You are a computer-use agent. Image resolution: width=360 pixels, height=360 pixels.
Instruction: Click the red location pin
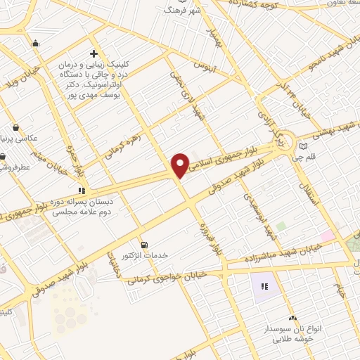pyautogui.click(x=180, y=165)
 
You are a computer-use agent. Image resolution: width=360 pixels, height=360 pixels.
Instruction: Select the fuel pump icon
pyautogui.click(x=145, y=244)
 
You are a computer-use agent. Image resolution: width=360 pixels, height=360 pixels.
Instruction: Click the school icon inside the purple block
pyautogui.click(x=265, y=286)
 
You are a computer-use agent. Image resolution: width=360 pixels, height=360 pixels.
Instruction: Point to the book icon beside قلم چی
pyautogui.click(x=304, y=146)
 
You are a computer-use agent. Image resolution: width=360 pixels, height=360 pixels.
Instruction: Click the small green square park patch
pyautogui.click(x=281, y=226)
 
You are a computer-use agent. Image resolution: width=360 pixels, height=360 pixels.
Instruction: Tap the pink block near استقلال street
pyautogui.click(x=327, y=236)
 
